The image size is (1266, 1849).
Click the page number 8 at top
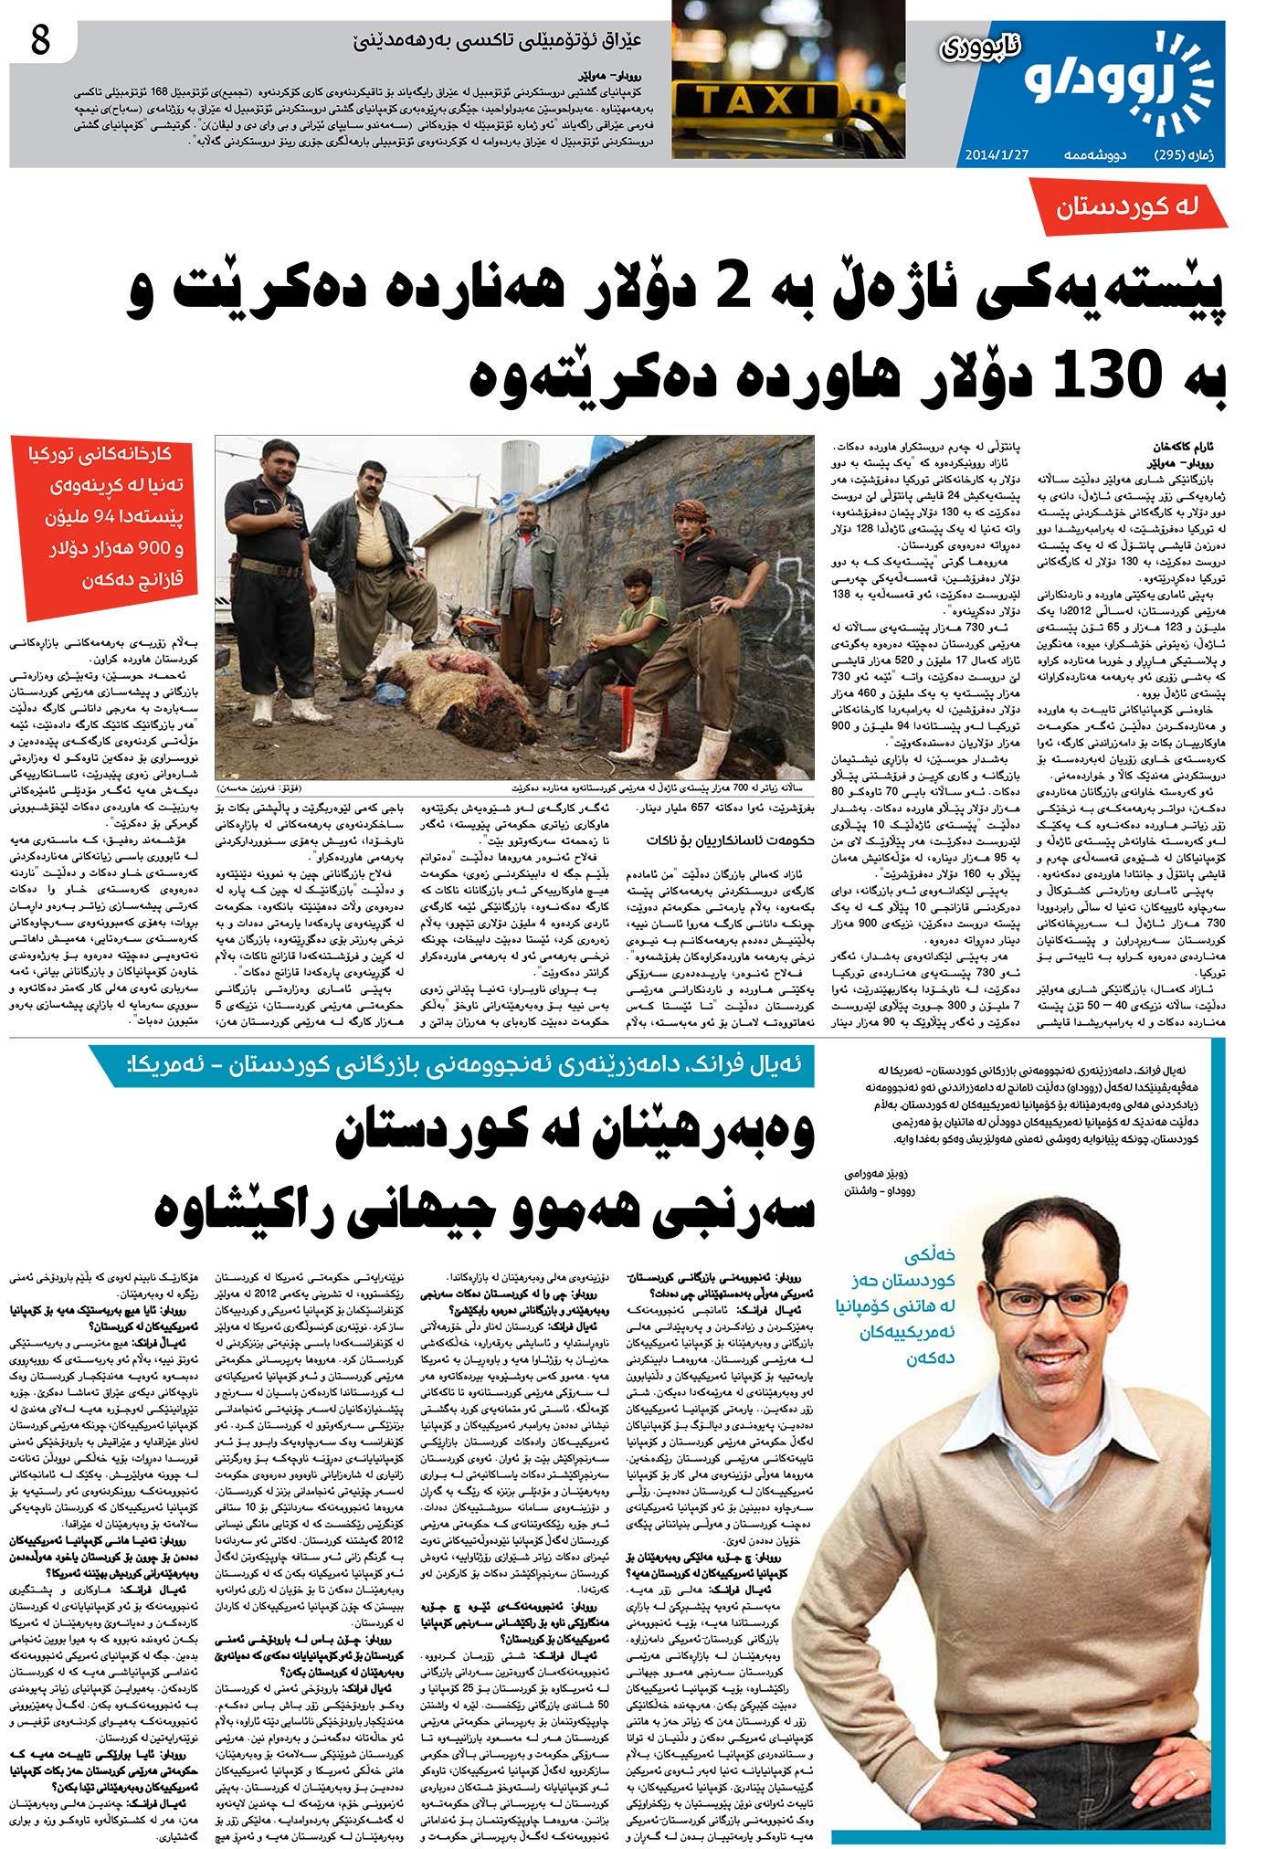coord(40,43)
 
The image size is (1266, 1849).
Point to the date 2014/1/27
coord(997,153)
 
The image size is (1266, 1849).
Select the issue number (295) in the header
coord(1175,153)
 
